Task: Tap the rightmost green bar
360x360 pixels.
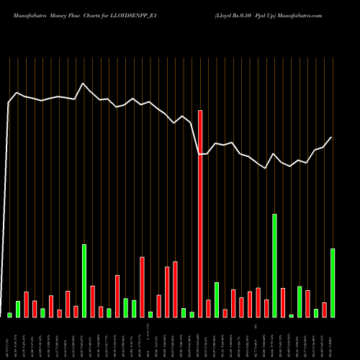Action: (333, 282)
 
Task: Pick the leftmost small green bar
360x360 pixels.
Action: (9, 315)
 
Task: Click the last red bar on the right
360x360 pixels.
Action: (324, 310)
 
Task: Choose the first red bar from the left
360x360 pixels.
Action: (26, 305)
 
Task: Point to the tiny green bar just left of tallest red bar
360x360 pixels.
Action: (192, 314)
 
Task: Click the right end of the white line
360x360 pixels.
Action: (332, 138)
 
